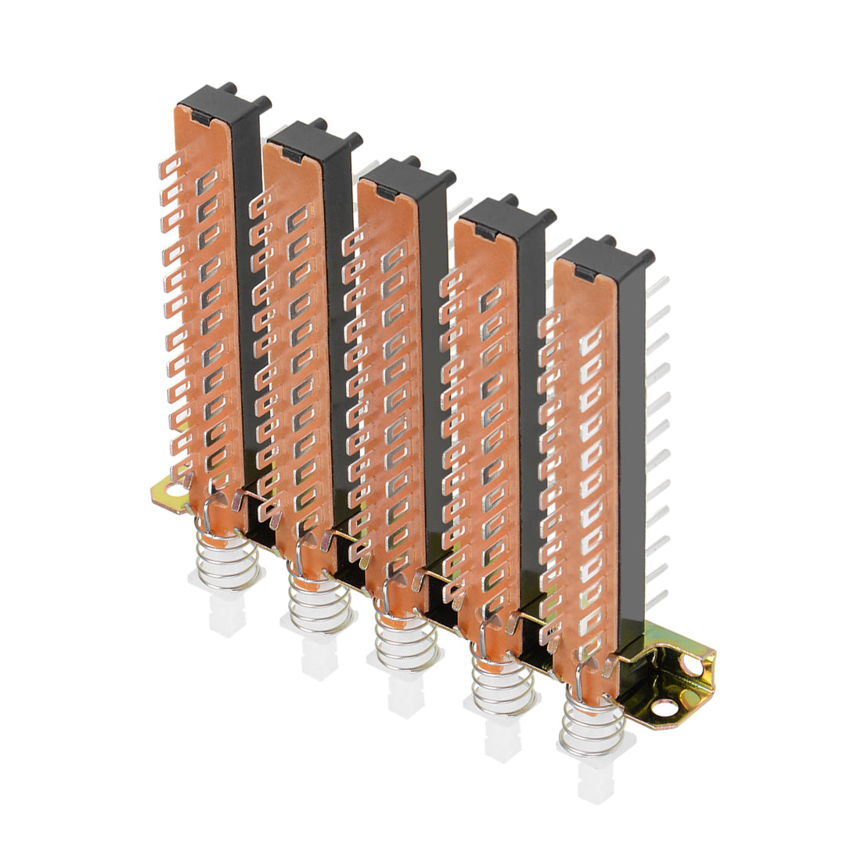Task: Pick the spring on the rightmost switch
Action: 589,724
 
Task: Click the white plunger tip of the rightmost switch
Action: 593,783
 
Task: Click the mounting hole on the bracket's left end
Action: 172,491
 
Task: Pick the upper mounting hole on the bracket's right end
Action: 693,665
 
